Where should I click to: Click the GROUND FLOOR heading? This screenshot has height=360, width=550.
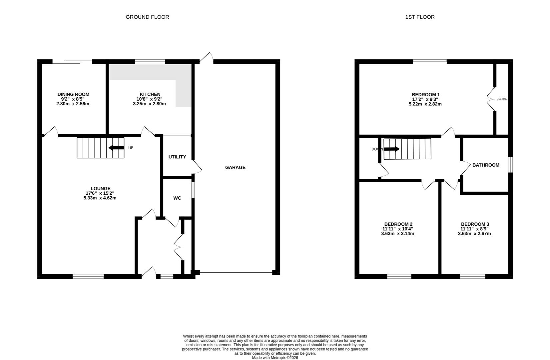[x=147, y=17]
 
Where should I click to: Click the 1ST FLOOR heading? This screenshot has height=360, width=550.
[x=420, y=17]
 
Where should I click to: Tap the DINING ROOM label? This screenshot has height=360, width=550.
[x=73, y=94]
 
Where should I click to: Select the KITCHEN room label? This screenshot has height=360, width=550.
[x=150, y=94]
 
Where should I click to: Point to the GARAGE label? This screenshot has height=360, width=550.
[x=235, y=167]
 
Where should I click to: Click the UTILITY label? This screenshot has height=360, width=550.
[x=177, y=157]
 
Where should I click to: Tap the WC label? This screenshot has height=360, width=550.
[x=177, y=198]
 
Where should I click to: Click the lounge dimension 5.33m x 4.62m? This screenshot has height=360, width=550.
[x=100, y=198]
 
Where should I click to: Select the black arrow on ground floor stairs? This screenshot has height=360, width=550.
[x=116, y=148]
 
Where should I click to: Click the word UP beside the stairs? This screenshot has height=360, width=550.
[x=131, y=148]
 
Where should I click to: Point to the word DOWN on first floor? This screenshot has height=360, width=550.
[x=377, y=149]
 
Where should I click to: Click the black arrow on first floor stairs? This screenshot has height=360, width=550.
[x=392, y=149]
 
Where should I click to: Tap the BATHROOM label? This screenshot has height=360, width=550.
[x=486, y=165]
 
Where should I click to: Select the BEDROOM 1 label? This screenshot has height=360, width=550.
[x=425, y=94]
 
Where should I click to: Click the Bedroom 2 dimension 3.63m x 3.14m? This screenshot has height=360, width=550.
[x=398, y=234]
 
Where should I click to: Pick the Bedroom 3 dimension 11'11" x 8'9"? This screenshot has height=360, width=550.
[x=474, y=229]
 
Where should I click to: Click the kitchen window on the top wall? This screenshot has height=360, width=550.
[x=150, y=61]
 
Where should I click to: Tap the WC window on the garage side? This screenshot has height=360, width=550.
[x=193, y=190]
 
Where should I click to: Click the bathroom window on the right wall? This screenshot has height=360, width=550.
[x=510, y=165]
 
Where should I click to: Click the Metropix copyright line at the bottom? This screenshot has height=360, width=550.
[x=275, y=358]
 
